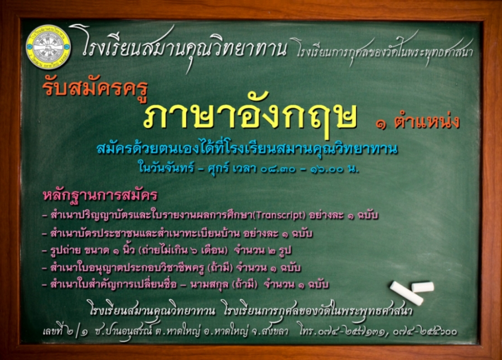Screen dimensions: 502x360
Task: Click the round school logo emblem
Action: point(49,47)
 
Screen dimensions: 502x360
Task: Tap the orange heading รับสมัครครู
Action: point(95,88)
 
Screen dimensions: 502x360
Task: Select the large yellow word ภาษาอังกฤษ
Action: point(250,117)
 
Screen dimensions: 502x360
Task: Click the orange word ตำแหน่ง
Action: point(427,122)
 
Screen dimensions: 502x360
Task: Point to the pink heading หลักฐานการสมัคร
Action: point(100,195)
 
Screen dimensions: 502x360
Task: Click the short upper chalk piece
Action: point(423,287)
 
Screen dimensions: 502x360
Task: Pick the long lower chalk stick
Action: point(407,294)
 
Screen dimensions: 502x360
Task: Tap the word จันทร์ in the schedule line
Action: point(178,167)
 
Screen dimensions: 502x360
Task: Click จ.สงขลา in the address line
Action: point(270,331)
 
